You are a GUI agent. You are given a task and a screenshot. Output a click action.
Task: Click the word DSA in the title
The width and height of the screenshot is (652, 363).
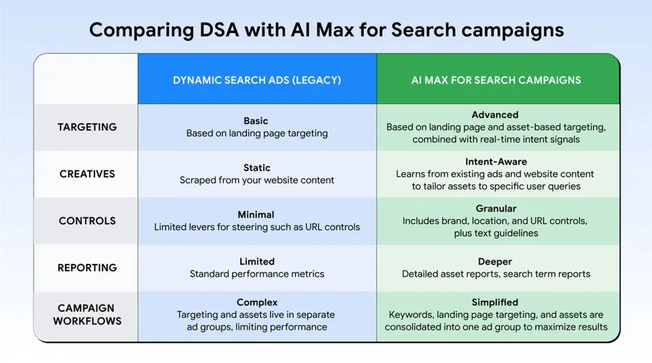coord(219,30)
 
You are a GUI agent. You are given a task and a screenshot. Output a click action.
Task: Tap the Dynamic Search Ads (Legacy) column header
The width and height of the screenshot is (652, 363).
coord(257,80)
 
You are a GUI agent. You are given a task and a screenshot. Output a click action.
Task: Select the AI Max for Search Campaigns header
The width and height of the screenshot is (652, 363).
coord(496,80)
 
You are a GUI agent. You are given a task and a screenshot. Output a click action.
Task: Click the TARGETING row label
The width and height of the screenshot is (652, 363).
coord(87,127)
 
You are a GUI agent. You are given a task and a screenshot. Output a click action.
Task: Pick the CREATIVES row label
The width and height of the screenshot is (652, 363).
coord(87,174)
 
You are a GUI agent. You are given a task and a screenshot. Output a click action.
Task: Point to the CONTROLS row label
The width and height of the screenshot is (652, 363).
coord(87,221)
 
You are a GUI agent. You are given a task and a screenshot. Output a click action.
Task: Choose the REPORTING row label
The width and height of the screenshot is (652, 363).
coord(87,268)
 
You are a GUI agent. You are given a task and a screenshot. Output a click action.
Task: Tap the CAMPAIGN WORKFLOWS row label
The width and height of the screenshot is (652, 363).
coord(87,314)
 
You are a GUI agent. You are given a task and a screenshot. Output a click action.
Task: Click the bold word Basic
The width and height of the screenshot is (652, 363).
coord(256,121)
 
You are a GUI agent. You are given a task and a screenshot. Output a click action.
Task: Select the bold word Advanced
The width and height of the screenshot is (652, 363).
coord(495,115)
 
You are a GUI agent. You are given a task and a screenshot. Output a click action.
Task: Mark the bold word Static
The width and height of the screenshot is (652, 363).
coord(257,168)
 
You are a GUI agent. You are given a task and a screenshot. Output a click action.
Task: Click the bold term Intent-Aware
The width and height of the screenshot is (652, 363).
coord(496,162)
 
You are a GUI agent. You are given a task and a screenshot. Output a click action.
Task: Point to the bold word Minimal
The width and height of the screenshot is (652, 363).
coord(256,214)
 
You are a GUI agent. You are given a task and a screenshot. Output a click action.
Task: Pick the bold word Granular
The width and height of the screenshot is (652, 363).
coord(496,208)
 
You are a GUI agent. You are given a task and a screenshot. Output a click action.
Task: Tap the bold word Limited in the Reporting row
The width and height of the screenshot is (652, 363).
coord(257,262)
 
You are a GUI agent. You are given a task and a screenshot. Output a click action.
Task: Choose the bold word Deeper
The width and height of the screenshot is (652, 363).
coord(495,262)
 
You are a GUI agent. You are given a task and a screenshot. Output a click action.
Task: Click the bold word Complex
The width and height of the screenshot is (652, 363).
coord(257,302)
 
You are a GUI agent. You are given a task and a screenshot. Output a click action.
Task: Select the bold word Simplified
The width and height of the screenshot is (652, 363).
coord(495,302)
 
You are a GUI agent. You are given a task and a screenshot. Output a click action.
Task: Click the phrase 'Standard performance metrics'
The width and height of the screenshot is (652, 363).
coord(257,274)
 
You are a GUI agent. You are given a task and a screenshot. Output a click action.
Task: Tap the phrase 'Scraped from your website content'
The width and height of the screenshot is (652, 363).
coord(257,180)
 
